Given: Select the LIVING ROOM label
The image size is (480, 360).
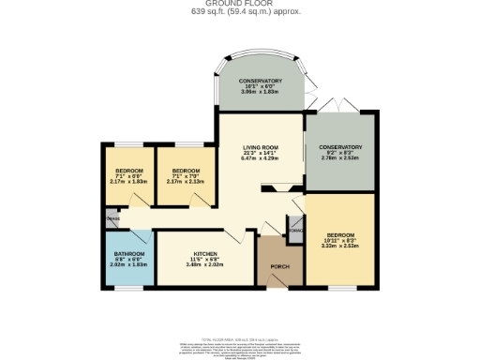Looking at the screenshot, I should point(262,147).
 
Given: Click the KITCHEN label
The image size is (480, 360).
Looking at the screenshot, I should point(205,254).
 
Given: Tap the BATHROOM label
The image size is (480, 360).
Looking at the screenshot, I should point(129,254).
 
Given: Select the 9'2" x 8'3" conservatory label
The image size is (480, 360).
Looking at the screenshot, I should point(339,153).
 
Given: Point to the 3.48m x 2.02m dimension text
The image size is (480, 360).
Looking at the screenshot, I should point(205,265).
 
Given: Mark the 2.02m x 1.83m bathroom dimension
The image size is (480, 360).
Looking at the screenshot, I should point(129,265).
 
